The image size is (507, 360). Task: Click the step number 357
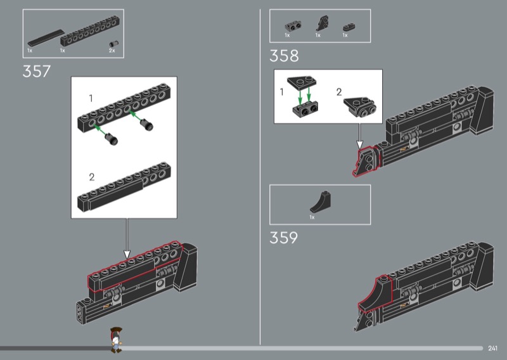pos(37,71)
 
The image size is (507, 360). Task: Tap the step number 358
pos(284,56)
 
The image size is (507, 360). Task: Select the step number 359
pos(283,238)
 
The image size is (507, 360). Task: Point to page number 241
pos(492,348)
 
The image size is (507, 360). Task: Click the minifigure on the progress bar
pos(116,340)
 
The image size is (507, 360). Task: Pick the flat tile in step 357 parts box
pos(46,38)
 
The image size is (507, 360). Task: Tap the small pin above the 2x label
pos(114,44)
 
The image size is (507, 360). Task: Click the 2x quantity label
pos(112,51)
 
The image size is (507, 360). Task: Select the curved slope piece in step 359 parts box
pos(321,202)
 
